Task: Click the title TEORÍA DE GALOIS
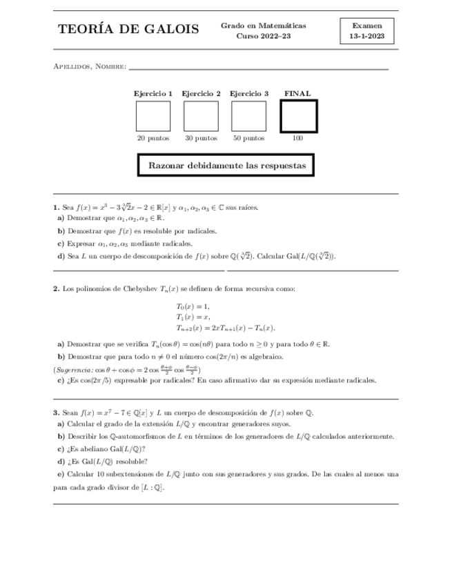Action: [129, 30]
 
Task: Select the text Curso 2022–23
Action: [264, 37]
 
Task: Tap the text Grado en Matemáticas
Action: [264, 25]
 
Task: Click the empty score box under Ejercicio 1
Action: [153, 116]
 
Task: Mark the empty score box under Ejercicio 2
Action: [201, 116]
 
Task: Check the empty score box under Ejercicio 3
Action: [248, 116]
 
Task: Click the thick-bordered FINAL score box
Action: [298, 116]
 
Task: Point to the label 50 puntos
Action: [248, 138]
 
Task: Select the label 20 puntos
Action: [153, 138]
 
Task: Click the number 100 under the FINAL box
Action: [298, 138]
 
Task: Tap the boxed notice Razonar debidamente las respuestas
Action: [227, 166]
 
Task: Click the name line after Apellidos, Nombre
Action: [259, 68]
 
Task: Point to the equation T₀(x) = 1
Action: [193, 306]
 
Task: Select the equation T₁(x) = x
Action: [193, 317]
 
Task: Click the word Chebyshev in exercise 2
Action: [142, 288]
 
